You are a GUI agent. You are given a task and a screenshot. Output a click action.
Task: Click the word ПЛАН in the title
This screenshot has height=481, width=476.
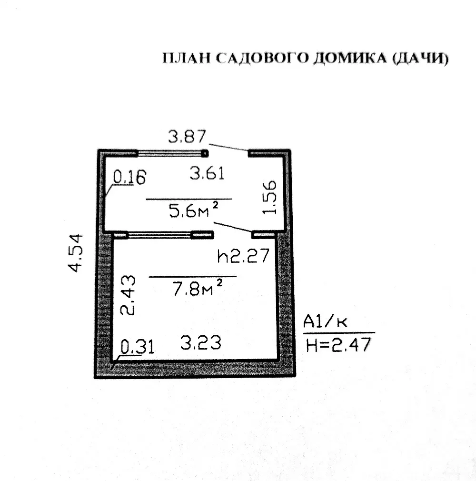click(187, 58)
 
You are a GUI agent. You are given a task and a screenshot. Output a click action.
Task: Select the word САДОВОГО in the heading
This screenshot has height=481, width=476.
click(262, 58)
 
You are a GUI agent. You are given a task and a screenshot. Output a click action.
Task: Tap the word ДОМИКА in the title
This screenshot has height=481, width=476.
click(350, 58)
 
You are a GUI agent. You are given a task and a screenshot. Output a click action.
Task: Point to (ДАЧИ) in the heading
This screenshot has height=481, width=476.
click(420, 58)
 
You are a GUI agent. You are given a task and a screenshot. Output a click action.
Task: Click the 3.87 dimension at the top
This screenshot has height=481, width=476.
click(187, 137)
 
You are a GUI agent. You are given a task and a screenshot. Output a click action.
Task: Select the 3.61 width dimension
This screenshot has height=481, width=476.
click(207, 173)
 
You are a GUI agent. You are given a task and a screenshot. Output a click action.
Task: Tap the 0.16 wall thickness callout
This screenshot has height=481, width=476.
click(129, 177)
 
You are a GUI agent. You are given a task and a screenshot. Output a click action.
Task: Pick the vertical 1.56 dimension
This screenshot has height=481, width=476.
click(269, 197)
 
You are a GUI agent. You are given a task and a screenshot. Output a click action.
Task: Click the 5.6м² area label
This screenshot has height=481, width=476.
click(194, 210)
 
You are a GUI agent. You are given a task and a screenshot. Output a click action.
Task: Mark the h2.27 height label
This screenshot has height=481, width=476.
click(243, 256)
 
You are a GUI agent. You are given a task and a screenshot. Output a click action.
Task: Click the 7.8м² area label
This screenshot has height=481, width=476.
click(197, 288)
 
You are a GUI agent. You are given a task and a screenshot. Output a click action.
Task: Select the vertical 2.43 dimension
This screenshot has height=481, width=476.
click(128, 295)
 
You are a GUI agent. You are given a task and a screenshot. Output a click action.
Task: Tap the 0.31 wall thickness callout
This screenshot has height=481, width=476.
click(137, 347)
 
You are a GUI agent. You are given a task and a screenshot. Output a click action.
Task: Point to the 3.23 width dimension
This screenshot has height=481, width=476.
click(200, 342)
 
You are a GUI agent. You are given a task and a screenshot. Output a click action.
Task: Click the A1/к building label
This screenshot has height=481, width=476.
click(325, 321)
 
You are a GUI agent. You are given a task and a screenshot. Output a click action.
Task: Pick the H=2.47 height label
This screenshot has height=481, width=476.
click(338, 344)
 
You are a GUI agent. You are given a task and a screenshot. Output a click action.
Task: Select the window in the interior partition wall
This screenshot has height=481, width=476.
click(159, 235)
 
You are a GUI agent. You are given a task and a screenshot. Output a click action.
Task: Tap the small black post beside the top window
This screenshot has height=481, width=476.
click(205, 153)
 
